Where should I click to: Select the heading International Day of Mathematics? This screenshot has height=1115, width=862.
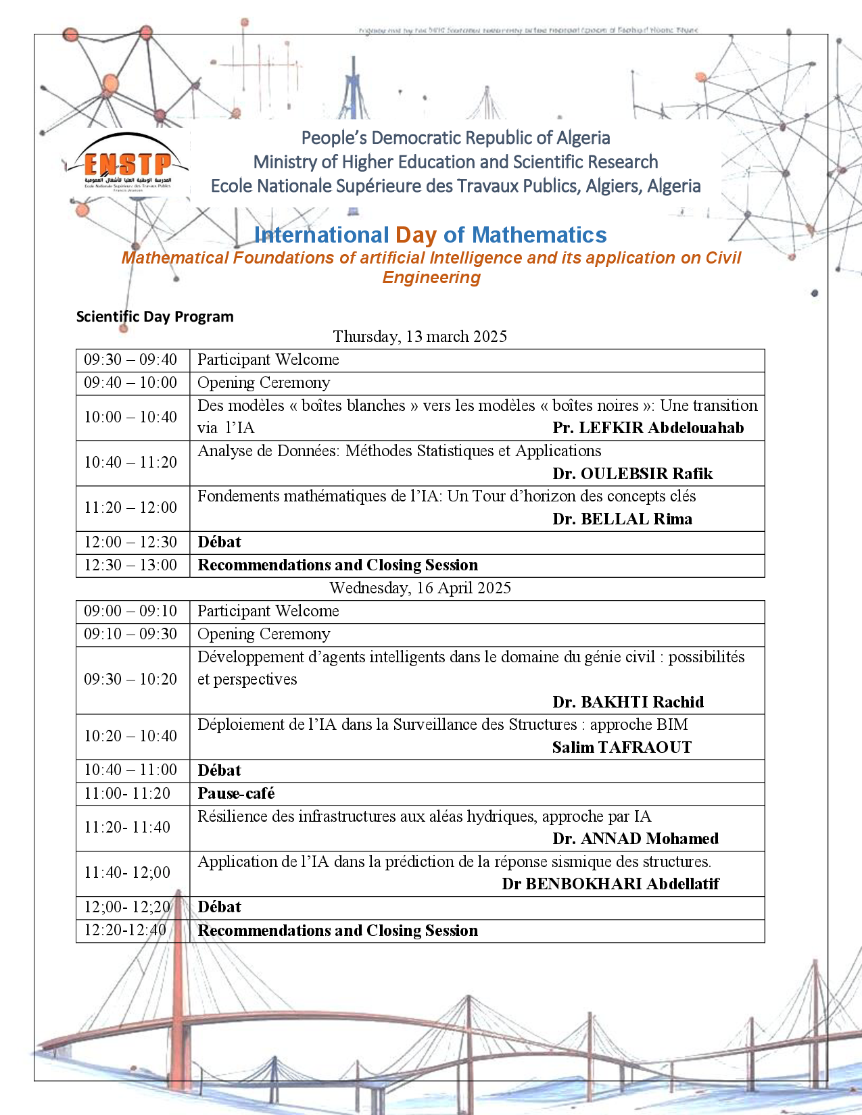(430, 235)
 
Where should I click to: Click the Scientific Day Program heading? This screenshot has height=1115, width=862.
(155, 317)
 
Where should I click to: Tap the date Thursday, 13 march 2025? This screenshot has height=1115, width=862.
(420, 337)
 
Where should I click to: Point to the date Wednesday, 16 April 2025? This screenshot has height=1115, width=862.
(420, 588)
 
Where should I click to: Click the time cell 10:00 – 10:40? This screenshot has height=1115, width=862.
(130, 417)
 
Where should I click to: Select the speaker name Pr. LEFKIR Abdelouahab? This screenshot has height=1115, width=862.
(648, 428)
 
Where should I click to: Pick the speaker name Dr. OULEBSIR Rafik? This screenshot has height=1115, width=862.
(632, 474)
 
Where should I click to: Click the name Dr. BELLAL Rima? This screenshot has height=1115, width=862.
(622, 519)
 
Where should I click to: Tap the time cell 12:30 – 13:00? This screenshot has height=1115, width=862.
(130, 565)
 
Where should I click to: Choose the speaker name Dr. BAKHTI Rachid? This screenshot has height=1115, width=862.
(628, 702)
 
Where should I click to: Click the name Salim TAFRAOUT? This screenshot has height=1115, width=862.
(621, 747)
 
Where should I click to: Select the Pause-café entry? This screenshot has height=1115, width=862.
(236, 793)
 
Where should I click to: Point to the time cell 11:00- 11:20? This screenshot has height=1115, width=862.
(127, 793)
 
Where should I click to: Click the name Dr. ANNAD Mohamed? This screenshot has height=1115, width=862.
(636, 839)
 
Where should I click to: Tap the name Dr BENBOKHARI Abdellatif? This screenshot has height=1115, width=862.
(610, 884)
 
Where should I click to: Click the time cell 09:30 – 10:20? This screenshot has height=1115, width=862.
(130, 679)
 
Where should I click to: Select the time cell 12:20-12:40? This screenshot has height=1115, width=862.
(125, 931)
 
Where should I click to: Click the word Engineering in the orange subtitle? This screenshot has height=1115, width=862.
(431, 278)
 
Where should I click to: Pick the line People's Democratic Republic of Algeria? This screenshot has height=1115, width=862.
(456, 138)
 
